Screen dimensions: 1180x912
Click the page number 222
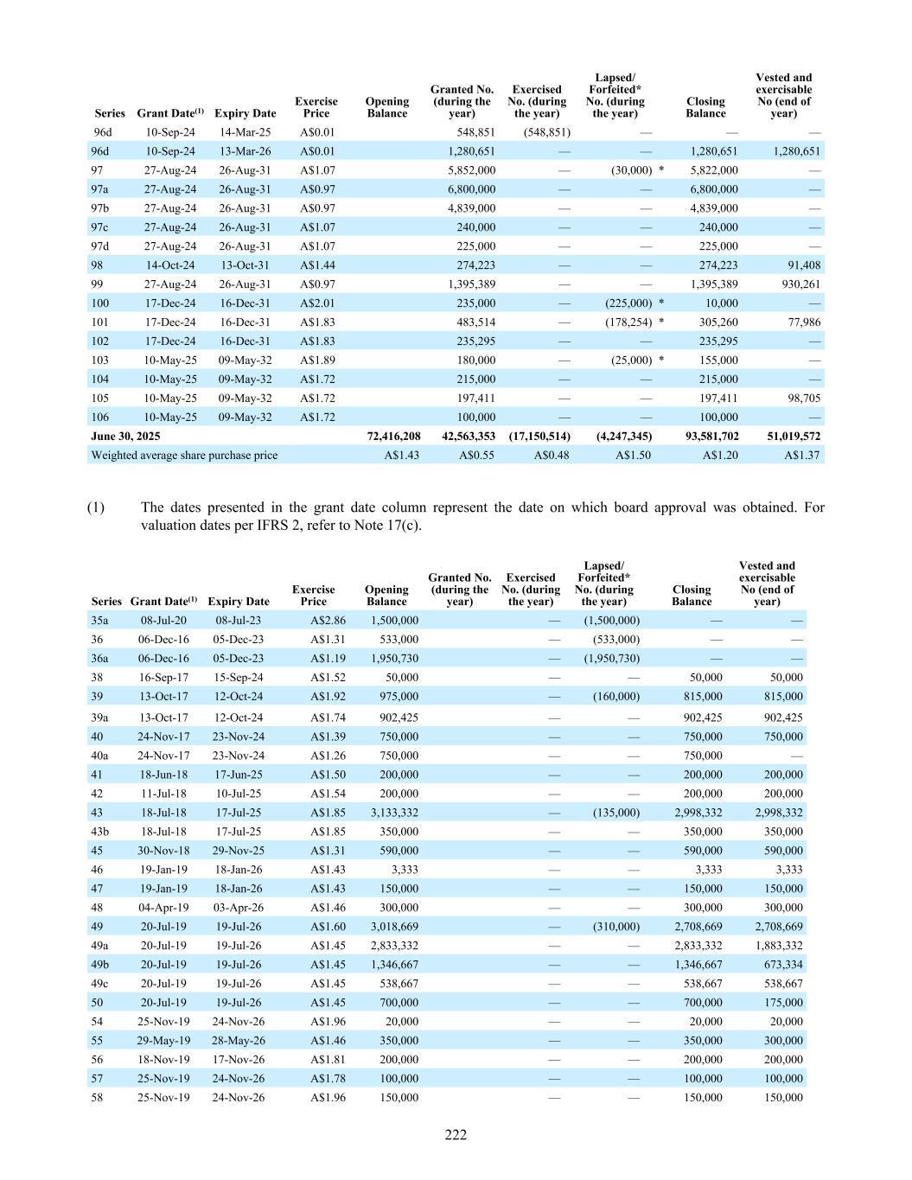(456, 1135)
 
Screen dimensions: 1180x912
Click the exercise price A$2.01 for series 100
(317, 303)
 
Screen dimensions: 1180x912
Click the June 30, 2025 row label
(126, 437)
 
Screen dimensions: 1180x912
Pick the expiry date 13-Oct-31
(245, 265)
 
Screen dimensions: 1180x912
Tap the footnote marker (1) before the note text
(95, 507)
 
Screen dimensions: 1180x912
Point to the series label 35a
(99, 621)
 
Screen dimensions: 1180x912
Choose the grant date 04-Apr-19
(163, 908)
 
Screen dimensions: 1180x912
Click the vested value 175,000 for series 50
(783, 1003)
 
